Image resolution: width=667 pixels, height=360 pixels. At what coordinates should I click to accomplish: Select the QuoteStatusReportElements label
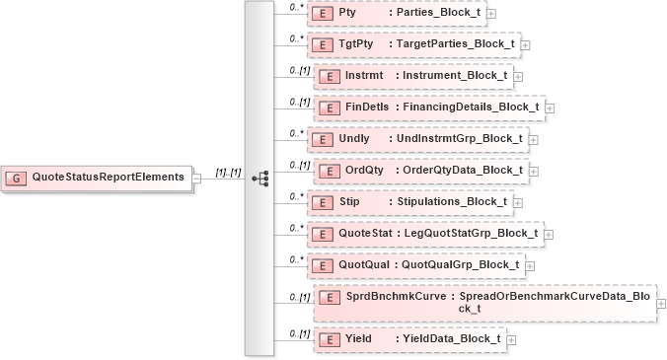[108, 178]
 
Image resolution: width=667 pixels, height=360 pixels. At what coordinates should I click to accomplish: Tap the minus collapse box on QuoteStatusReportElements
[196, 178]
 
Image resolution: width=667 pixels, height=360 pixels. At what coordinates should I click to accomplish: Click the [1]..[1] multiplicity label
[228, 173]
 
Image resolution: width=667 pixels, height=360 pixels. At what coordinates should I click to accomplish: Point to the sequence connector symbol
[260, 179]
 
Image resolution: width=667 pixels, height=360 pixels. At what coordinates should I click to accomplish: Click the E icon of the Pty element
[321, 13]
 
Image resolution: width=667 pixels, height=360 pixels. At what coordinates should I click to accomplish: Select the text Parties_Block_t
[435, 13]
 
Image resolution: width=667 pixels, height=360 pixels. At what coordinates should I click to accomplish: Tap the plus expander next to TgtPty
[525, 44]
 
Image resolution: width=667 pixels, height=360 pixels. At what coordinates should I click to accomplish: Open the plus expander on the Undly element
[533, 138]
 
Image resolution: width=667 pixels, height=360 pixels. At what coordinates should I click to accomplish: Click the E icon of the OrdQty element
[328, 170]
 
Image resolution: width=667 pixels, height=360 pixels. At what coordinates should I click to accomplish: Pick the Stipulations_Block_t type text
[451, 201]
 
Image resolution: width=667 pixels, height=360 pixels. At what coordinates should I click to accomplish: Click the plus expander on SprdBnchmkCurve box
[660, 303]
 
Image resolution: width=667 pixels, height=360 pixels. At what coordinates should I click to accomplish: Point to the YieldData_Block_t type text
[449, 338]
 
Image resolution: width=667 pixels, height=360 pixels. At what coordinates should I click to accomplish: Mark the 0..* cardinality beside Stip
[294, 195]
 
